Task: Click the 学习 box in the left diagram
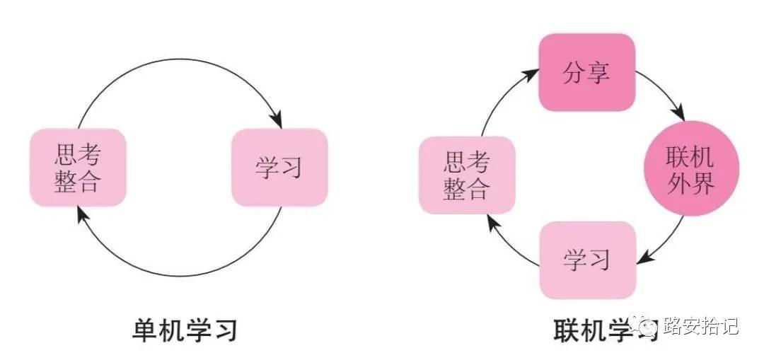[279, 168]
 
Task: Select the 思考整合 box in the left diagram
[78, 168]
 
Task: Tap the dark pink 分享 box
[586, 72]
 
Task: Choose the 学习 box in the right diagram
[586, 260]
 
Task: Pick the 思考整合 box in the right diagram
[466, 175]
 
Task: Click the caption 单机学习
[185, 330]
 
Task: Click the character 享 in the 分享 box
[598, 72]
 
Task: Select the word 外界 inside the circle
[691, 183]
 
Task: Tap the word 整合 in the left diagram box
[78, 182]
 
